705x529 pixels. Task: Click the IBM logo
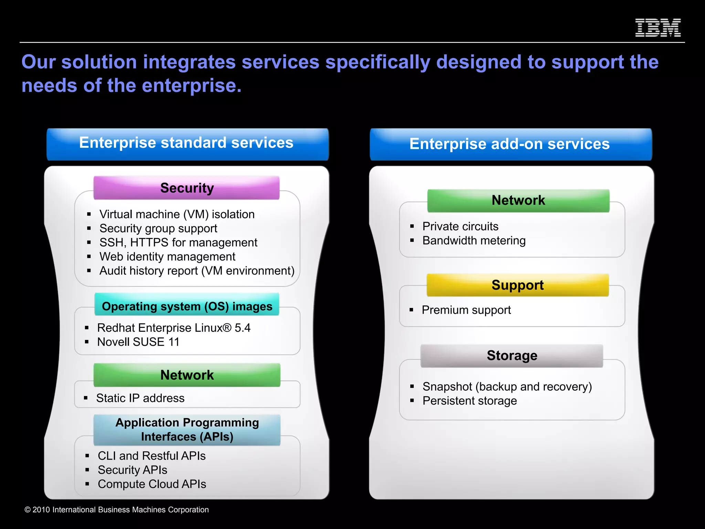pos(657,28)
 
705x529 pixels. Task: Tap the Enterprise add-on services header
pos(511,144)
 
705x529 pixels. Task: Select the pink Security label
pos(187,188)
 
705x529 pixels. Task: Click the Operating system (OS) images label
pos(187,305)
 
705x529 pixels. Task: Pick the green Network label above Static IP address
pos(187,375)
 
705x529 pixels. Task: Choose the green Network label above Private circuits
pos(518,200)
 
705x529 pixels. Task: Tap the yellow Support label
pos(517,285)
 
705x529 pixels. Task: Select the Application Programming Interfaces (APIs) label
pos(187,430)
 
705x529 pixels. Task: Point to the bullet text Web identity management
pos(167,257)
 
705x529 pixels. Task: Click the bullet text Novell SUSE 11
pos(138,342)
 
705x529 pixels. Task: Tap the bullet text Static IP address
pos(140,398)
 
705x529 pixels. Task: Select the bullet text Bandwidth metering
pos(474,241)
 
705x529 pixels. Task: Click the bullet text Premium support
pos(466,310)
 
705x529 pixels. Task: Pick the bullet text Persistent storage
pos(470,401)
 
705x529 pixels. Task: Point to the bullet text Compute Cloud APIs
pos(152,484)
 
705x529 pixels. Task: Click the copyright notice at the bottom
pos(117,510)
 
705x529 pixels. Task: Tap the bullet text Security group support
pos(158,229)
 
